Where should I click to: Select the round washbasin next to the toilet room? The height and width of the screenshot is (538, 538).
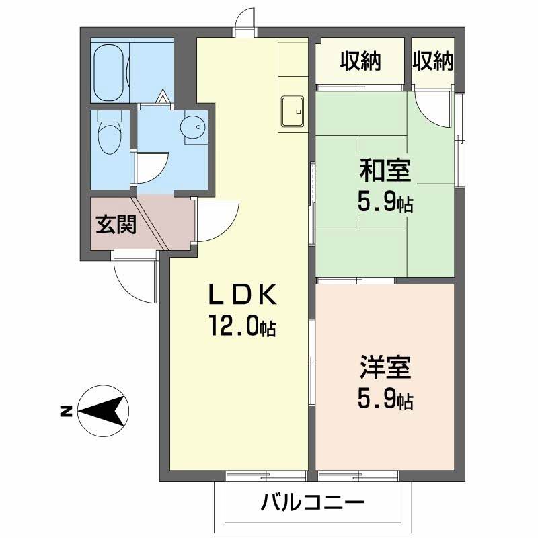[x=194, y=127]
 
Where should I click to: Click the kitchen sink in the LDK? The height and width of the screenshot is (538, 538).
[x=293, y=112]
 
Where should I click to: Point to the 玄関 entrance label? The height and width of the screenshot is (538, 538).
[x=116, y=225]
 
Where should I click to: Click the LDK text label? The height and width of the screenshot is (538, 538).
[x=243, y=295]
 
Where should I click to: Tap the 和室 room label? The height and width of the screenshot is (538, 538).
[x=385, y=171]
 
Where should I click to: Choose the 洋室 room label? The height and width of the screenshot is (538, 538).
[x=385, y=367]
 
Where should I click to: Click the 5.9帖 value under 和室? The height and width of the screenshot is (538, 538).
[x=385, y=202]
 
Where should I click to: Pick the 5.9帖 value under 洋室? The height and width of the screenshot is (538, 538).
[x=385, y=399]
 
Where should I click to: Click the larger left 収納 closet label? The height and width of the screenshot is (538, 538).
[x=360, y=61]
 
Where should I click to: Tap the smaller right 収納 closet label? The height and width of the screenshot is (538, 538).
[x=432, y=61]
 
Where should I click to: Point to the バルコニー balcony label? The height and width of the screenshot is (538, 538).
[x=311, y=503]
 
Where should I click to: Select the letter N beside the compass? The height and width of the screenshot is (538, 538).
[x=66, y=411]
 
